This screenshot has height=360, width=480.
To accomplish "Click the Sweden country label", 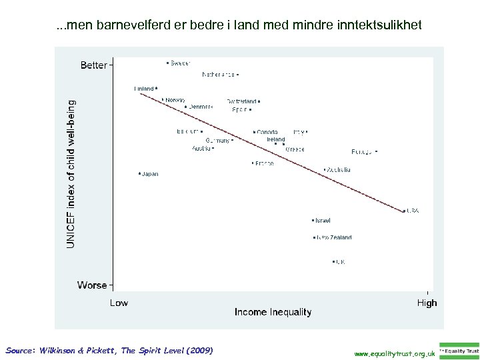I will (x=180, y=63).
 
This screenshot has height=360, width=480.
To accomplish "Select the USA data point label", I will (x=413, y=211).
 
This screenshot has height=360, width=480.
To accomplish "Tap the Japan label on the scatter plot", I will (x=150, y=174).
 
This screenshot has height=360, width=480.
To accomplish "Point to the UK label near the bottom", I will (x=340, y=262).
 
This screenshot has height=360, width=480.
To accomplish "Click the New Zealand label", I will (x=335, y=237).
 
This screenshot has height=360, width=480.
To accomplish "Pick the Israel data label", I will (x=323, y=221).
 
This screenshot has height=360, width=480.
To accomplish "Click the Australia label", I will (x=339, y=170).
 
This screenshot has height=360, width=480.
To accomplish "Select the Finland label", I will (x=143, y=88).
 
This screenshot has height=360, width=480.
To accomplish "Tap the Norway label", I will (x=175, y=100).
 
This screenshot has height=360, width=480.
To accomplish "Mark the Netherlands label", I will (x=218, y=75).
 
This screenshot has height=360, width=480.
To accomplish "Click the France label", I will (x=264, y=163).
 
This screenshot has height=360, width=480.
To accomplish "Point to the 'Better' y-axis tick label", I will (x=93, y=65).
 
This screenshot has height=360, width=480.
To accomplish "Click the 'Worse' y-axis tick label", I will (x=92, y=285).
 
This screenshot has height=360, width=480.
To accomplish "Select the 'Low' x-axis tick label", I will (x=119, y=303).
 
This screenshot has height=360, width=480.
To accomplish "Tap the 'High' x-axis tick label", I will (x=427, y=303).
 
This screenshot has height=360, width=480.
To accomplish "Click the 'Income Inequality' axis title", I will (x=273, y=312).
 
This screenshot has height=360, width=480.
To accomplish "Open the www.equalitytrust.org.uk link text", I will (x=395, y=353).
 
